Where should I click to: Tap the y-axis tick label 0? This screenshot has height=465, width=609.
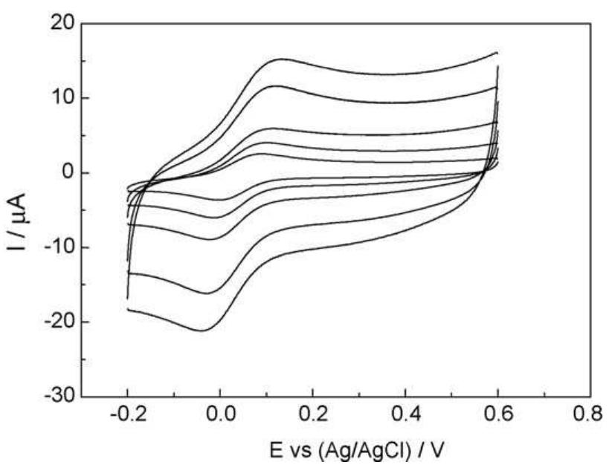click(67, 172)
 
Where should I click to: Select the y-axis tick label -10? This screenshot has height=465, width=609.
click(57, 247)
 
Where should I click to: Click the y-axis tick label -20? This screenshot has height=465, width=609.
click(57, 322)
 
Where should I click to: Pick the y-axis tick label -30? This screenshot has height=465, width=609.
click(57, 396)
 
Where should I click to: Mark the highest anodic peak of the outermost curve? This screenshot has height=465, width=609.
click(282, 59)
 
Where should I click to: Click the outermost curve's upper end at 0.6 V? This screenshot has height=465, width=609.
click(496, 53)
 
